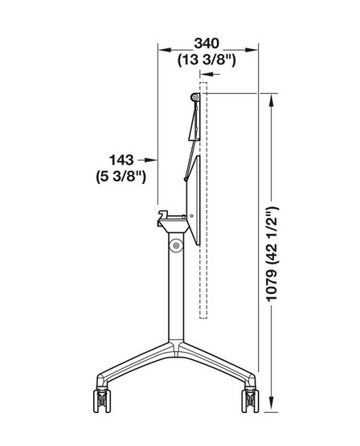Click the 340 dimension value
207,43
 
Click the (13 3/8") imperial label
207,60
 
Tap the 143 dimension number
121,160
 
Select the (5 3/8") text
121,177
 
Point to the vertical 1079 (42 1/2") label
272,253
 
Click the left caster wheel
102,400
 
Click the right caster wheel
250,400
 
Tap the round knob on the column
176,245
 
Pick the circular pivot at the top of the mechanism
194,97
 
